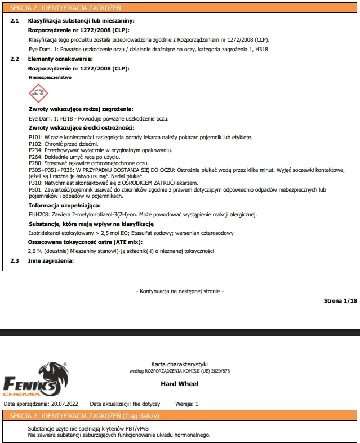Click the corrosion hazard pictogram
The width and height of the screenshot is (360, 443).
(x=38, y=91)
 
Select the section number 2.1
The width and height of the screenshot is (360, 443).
(x=15, y=20)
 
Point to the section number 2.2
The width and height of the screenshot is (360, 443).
(x=15, y=59)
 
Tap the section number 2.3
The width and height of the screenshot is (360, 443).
(x=15, y=260)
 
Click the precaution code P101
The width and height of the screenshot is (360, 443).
(x=34, y=137)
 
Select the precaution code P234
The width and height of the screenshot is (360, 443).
(x=34, y=150)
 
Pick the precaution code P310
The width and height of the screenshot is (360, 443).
(x=34, y=183)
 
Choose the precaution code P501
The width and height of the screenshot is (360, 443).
(x=34, y=190)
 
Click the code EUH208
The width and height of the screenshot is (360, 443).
(x=38, y=214)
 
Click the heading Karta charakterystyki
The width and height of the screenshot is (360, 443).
(x=180, y=364)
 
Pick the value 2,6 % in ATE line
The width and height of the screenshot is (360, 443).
(x=36, y=251)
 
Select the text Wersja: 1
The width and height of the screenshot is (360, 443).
(x=187, y=404)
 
